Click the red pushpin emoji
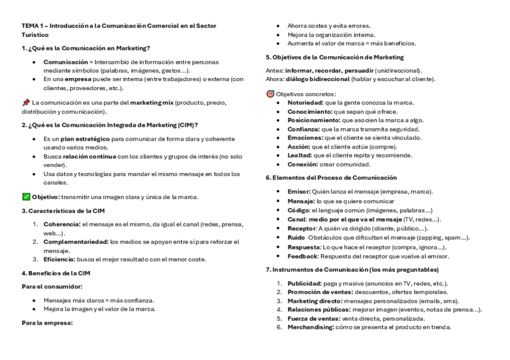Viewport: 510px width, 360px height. [x=25, y=103]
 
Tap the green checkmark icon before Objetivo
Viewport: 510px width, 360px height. [x=25, y=197]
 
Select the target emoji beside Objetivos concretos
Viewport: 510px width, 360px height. [x=270, y=94]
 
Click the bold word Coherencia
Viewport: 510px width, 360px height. [x=61, y=224]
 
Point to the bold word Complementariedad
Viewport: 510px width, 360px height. [x=75, y=242]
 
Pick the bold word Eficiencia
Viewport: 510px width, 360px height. [x=58, y=260]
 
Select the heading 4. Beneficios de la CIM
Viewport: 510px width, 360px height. [x=56, y=273]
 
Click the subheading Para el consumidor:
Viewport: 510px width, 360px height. [x=52, y=287]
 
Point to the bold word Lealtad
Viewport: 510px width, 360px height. [x=300, y=155]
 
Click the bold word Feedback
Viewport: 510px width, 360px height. [x=303, y=256]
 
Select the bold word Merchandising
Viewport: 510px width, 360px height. [x=310, y=327]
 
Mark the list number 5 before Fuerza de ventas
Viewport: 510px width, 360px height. [x=279, y=319]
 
